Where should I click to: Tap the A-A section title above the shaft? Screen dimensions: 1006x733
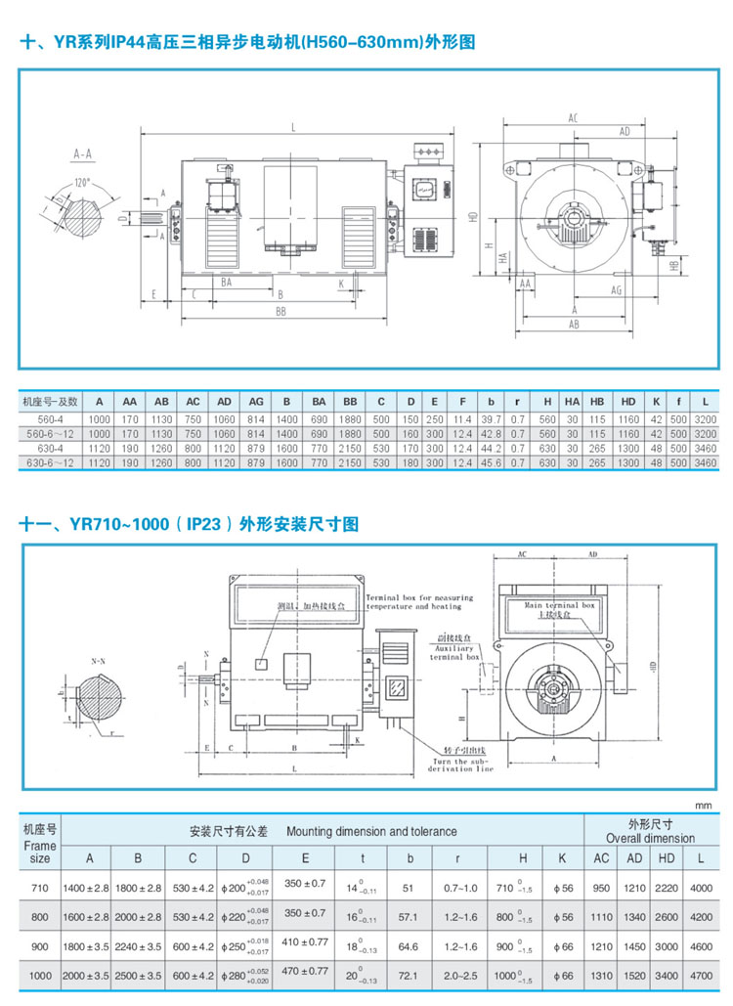point(83,154)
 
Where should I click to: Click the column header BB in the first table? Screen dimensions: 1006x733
point(349,401)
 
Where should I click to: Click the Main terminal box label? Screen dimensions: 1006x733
point(560,606)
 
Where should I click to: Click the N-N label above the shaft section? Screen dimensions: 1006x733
point(99,662)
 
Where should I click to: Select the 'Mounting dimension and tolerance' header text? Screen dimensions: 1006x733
point(371,832)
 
